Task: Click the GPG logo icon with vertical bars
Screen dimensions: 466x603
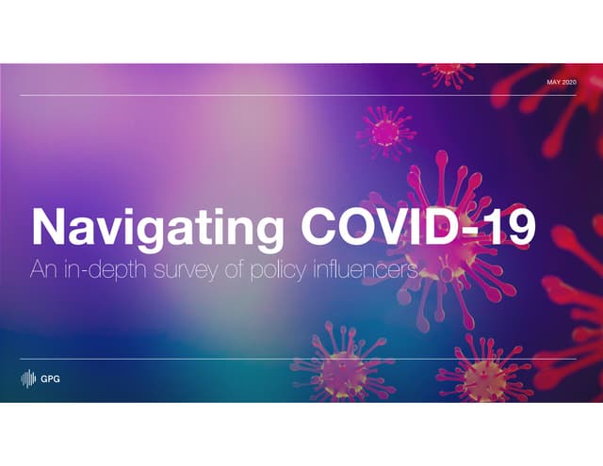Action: pos(28,379)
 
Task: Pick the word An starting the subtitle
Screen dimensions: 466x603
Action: pos(42,271)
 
